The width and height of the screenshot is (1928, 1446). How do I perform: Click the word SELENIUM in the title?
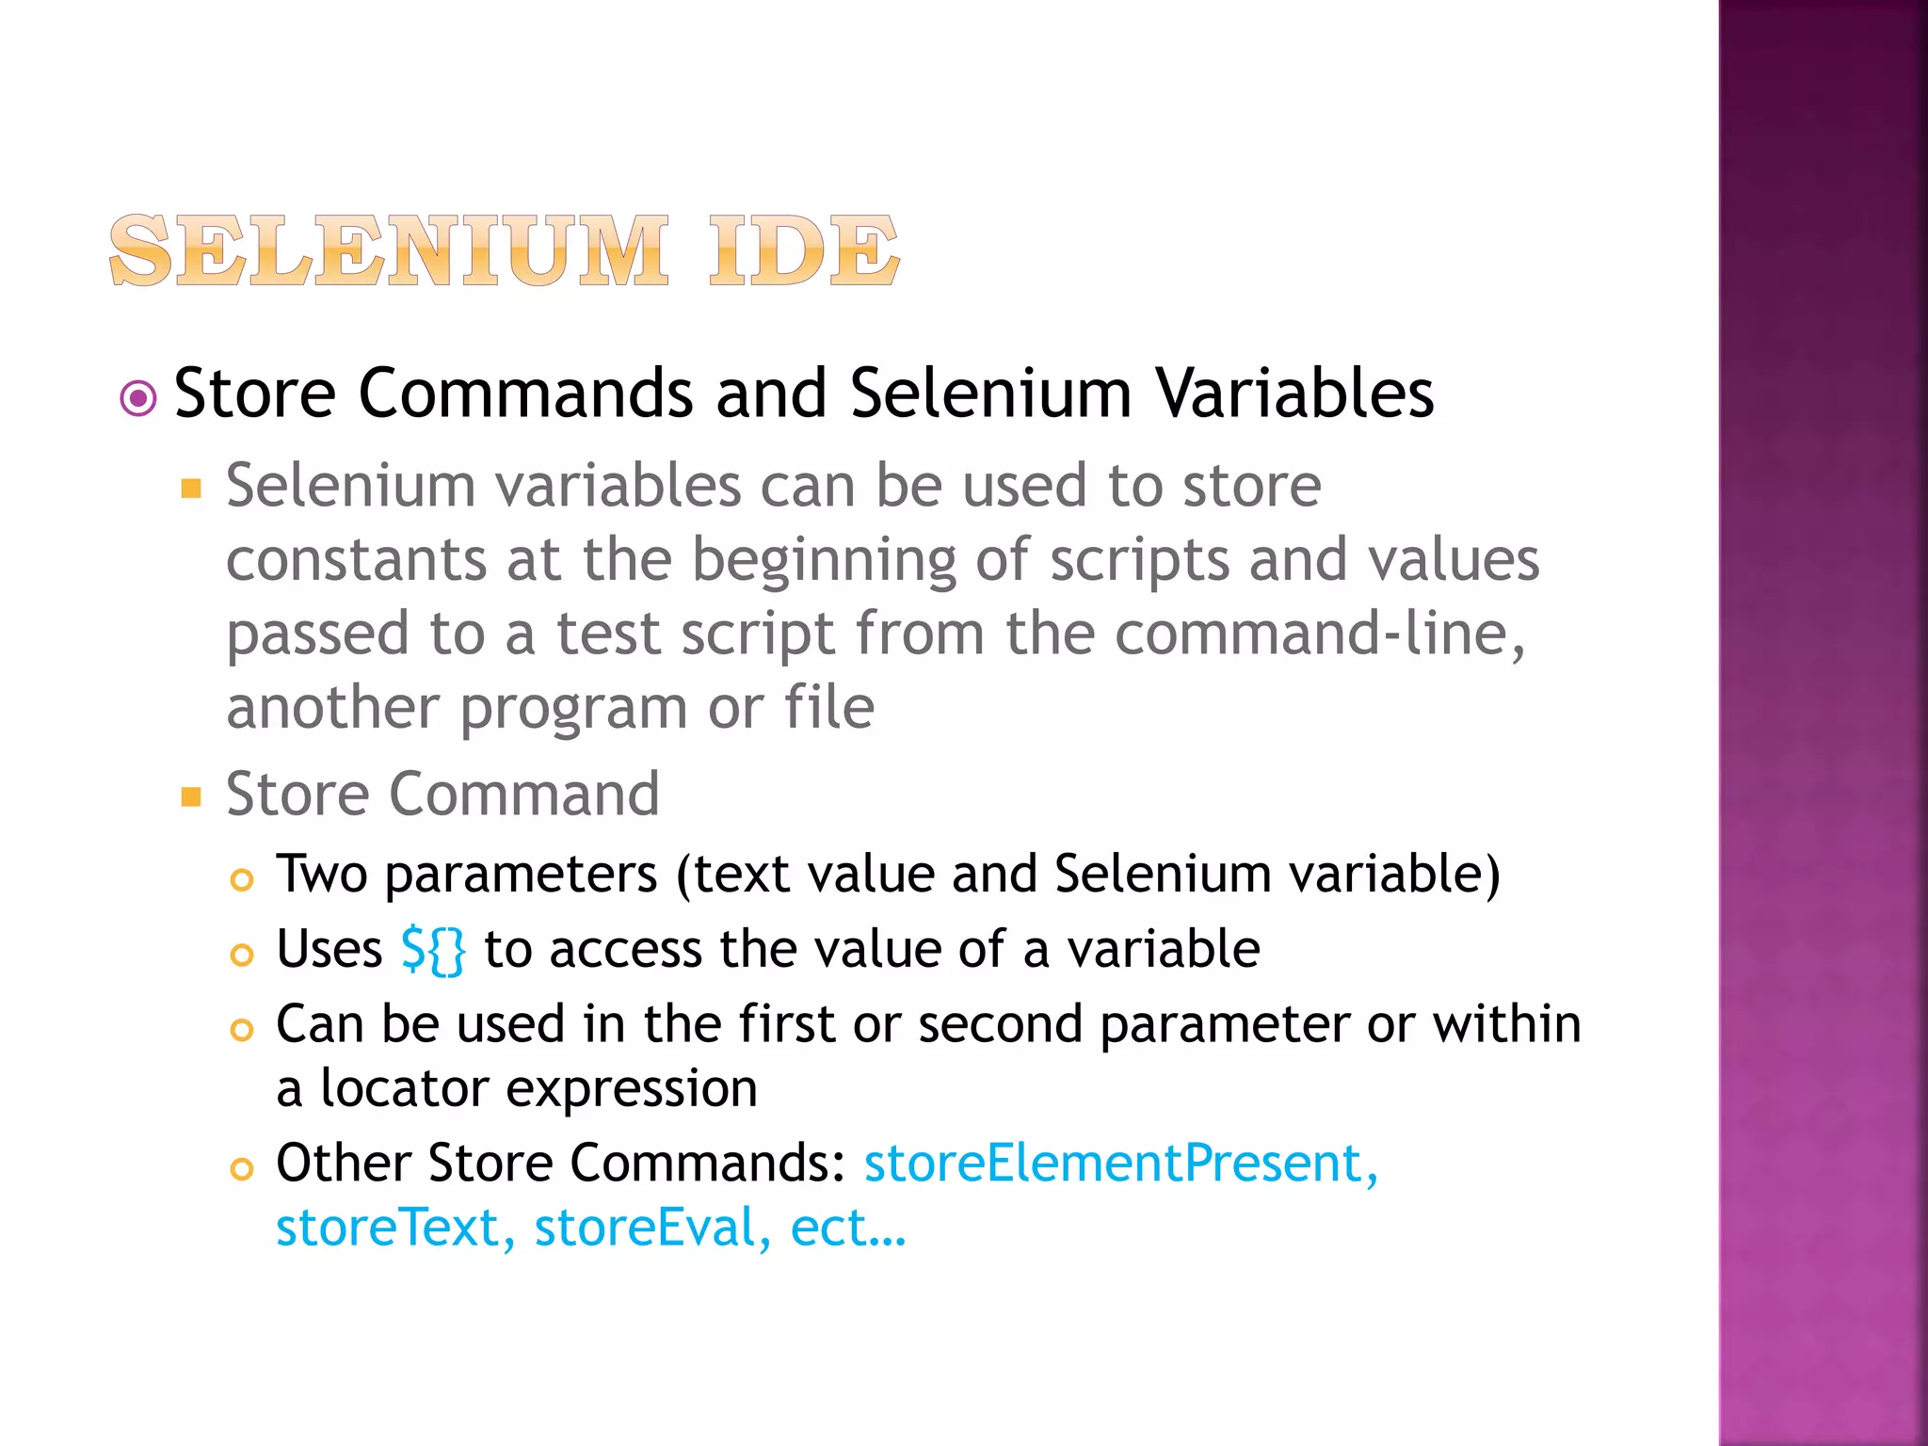tap(389, 250)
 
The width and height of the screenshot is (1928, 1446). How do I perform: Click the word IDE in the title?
tap(804, 250)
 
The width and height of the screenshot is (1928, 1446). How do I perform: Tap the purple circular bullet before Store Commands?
tap(138, 398)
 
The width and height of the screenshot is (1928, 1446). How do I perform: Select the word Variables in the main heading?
tap(1294, 394)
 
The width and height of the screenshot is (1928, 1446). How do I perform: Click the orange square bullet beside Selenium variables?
tap(192, 489)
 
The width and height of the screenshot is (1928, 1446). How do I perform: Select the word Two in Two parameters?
tap(321, 875)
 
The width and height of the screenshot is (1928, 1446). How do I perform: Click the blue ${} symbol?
tap(433, 951)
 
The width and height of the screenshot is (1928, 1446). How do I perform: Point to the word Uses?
tap(329, 949)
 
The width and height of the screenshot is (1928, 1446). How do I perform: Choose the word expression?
tap(632, 1091)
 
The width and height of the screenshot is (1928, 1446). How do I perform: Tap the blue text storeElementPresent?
tap(1121, 1164)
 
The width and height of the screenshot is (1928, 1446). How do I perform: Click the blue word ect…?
tap(848, 1229)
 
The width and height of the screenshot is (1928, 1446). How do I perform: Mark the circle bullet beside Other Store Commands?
tap(242, 1169)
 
